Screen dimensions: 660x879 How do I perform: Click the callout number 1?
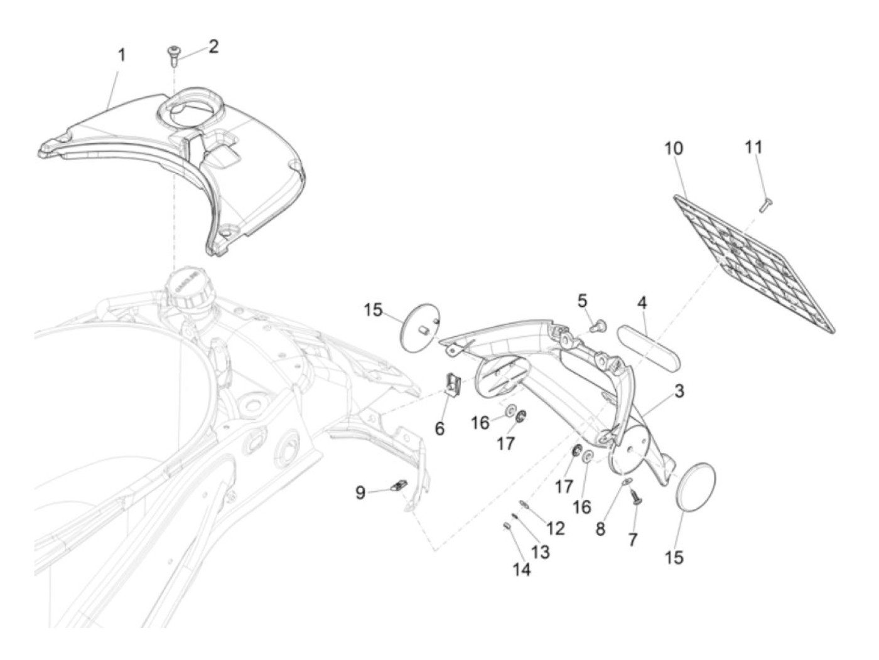tap(122, 55)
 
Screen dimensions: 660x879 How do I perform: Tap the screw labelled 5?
tap(599, 326)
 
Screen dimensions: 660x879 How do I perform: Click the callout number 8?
tap(600, 528)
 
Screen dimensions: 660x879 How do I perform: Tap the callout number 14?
tap(522, 570)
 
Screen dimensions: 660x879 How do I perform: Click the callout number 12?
tap(556, 528)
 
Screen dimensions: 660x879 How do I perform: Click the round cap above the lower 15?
tap(695, 488)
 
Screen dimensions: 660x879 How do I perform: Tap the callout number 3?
tap(679, 392)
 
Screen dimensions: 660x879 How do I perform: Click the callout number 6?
tap(439, 429)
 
